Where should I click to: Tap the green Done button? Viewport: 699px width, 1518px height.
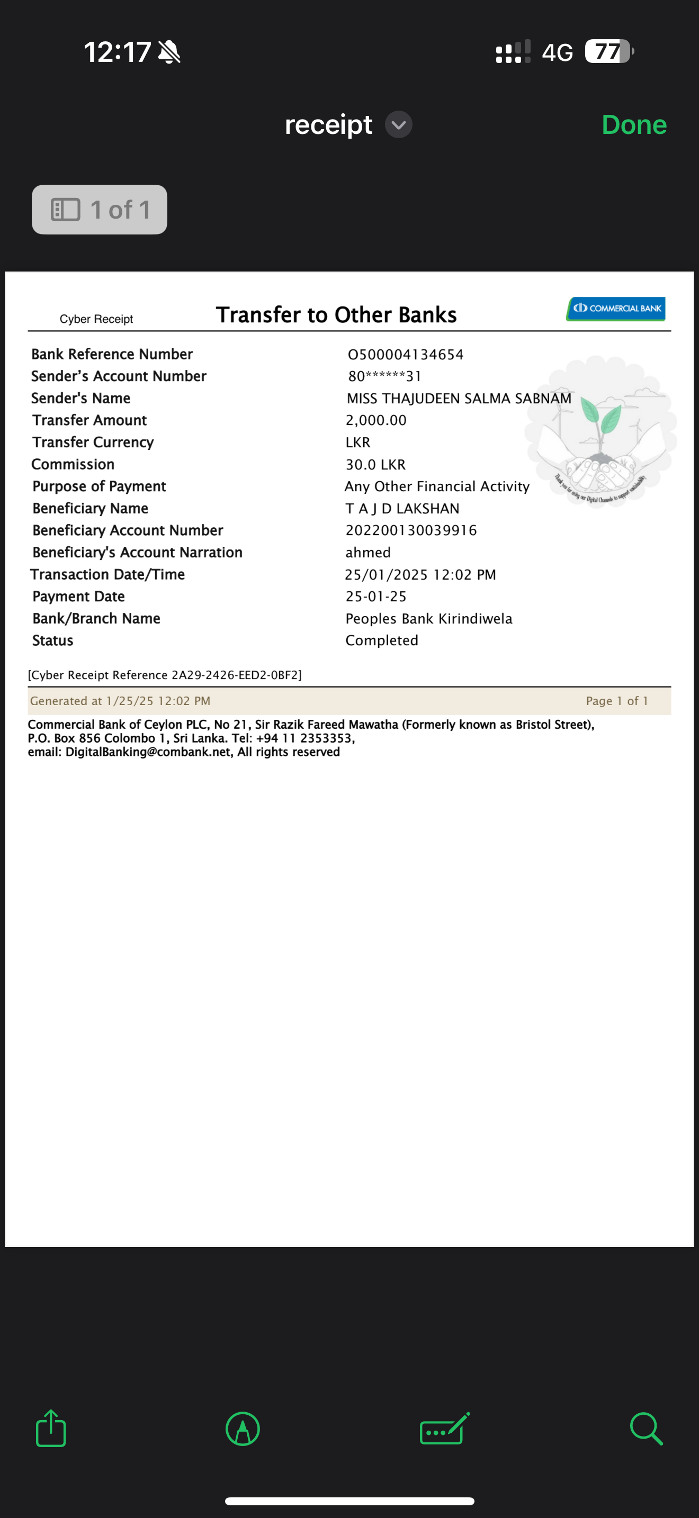[633, 125]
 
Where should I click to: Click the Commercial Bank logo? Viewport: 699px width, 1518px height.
[616, 308]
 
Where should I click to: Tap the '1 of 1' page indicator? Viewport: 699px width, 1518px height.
[100, 210]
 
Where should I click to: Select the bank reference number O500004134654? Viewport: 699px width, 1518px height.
[406, 355]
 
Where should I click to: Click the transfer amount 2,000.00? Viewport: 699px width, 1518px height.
[376, 420]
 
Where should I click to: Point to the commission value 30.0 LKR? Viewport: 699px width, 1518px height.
[375, 464]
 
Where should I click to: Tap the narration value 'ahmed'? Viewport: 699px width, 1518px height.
[368, 552]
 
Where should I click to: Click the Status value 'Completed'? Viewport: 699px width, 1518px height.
[381, 640]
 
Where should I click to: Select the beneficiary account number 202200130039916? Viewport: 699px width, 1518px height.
[411, 530]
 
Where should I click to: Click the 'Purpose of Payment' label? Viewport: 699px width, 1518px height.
[99, 486]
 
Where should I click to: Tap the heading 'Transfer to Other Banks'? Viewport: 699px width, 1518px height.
[336, 315]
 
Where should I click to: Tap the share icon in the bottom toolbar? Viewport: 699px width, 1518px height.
[51, 1429]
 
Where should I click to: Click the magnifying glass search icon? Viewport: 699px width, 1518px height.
[646, 1429]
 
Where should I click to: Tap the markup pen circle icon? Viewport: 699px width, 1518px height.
[243, 1429]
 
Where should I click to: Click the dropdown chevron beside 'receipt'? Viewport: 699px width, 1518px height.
[398, 125]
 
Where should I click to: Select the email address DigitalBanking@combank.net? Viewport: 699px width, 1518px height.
[148, 752]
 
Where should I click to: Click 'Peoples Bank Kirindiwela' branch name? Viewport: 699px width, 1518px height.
[428, 618]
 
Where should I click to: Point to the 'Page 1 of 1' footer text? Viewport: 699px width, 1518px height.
[616, 701]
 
